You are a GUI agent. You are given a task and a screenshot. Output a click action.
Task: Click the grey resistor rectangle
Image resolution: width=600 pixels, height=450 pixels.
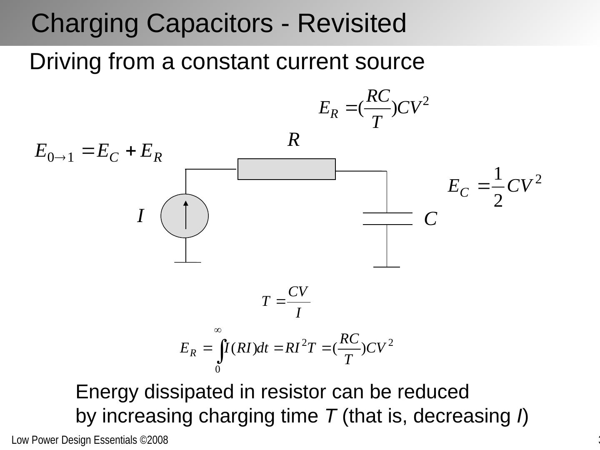coord(286,169)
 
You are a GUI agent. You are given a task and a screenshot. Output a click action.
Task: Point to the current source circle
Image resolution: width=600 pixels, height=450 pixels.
coord(185,216)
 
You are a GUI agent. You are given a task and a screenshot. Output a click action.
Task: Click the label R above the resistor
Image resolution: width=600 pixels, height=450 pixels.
coord(293,140)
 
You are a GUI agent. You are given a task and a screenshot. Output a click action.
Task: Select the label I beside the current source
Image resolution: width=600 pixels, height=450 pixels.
coord(140,216)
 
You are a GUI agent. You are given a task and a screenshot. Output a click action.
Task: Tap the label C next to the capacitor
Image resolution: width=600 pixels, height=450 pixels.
coord(430,219)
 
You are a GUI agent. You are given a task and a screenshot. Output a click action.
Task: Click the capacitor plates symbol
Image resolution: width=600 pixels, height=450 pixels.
coord(387,219)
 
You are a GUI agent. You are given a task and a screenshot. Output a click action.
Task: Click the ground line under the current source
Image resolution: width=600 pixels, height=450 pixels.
coord(187,262)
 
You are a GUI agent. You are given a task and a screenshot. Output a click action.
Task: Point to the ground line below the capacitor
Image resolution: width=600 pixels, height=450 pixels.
coord(387,267)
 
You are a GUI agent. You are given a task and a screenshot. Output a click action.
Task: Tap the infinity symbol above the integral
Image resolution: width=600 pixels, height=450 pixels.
coord(217,330)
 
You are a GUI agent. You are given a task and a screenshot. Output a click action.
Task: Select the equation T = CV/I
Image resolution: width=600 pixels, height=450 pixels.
coord(286,302)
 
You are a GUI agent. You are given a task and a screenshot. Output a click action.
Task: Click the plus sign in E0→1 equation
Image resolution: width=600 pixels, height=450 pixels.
coord(130,151)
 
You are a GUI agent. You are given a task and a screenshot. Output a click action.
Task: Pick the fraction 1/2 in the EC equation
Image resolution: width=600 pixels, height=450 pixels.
coord(498,187)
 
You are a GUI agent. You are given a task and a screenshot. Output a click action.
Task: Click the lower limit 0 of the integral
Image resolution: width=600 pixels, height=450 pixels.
coord(217,370)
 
